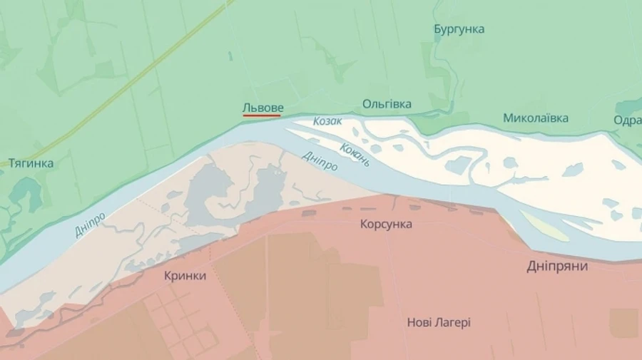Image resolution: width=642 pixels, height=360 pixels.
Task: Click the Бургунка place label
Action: click(459, 29)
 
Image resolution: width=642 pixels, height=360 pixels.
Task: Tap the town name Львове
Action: click(263, 107)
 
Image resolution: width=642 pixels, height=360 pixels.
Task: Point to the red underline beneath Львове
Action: click(262, 115)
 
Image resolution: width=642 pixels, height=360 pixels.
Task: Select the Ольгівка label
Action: click(387, 104)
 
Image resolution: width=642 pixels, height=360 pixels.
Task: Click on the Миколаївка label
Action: click(535, 118)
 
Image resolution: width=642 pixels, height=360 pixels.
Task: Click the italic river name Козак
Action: click(328, 122)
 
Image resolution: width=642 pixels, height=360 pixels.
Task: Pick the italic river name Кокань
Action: click(355, 153)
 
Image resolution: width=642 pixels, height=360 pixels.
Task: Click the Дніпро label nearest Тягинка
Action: click(90, 224)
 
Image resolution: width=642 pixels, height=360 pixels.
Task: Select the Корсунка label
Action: click(386, 224)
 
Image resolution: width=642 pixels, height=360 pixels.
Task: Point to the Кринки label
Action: click(185, 276)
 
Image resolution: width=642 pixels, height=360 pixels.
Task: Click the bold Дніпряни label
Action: click(557, 266)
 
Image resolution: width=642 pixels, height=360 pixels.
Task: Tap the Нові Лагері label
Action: click(439, 322)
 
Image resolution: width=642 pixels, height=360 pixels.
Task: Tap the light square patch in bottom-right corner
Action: click(623, 322)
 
